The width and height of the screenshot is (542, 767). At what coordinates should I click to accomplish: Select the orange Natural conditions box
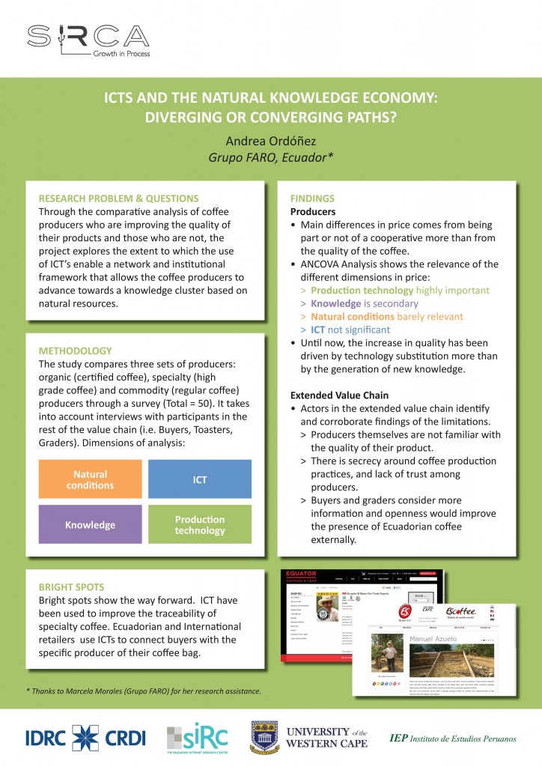(90, 479)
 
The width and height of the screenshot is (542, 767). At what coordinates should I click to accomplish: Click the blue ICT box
(199, 479)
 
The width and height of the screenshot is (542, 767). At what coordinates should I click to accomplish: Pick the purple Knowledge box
(90, 524)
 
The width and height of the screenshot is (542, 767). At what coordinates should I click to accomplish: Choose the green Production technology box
(199, 524)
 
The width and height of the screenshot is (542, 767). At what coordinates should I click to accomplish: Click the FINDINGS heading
(312, 199)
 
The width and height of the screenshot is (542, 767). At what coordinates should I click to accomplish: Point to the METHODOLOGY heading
(75, 351)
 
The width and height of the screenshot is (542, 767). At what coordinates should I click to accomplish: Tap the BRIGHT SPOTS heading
(71, 586)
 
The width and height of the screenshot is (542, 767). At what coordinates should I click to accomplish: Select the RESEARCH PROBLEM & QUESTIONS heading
(118, 198)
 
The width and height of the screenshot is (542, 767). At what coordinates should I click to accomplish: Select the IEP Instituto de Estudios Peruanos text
(453, 739)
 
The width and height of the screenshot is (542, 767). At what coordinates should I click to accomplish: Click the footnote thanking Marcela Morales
(143, 690)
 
